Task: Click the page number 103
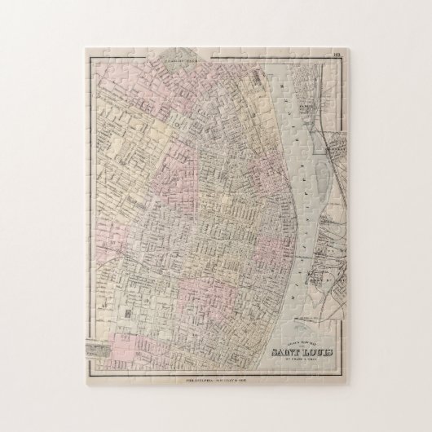(x=337, y=55)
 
